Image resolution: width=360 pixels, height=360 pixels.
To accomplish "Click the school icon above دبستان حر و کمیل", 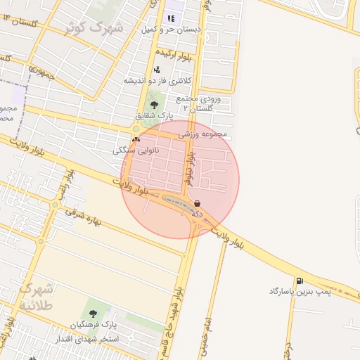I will (171, 18).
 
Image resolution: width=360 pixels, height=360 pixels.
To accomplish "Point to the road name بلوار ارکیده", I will (172, 53).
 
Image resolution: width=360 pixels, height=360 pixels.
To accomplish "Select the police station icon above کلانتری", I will (156, 70).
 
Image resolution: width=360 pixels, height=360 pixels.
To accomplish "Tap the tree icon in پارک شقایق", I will (154, 105).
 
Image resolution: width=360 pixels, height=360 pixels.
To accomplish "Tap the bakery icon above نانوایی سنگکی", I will (136, 139).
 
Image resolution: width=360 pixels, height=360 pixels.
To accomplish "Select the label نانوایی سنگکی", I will (136, 150).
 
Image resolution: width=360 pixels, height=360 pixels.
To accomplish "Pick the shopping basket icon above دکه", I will (197, 203).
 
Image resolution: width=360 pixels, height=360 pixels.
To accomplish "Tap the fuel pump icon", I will (300, 281).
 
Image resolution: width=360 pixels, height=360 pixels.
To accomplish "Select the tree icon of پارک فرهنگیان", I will (94, 314).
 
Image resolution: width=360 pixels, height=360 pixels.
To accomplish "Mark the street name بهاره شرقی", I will (84, 217).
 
